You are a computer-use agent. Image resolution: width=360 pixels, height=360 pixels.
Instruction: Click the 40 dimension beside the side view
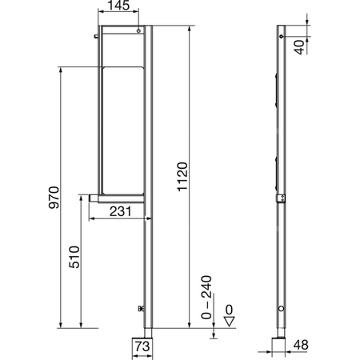298,46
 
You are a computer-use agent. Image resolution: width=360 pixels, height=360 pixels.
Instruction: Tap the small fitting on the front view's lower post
141,308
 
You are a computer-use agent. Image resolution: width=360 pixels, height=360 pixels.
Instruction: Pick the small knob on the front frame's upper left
95,35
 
